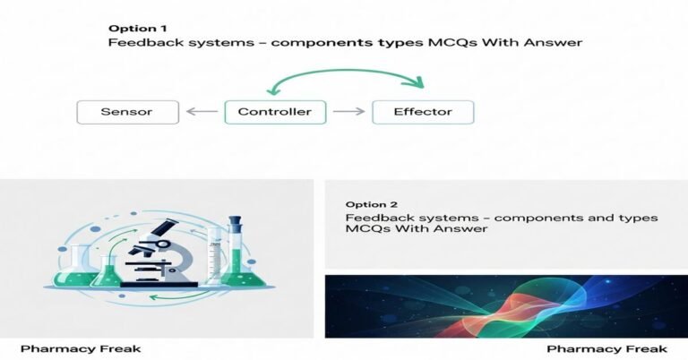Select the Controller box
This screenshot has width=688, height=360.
click(275, 112)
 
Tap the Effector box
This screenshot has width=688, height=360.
click(423, 112)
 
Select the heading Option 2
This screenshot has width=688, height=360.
click(367, 204)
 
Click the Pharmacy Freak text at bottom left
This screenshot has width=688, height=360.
click(80, 347)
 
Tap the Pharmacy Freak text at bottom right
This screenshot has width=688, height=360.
click(606, 347)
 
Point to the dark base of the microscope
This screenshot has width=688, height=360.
click(161, 281)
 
